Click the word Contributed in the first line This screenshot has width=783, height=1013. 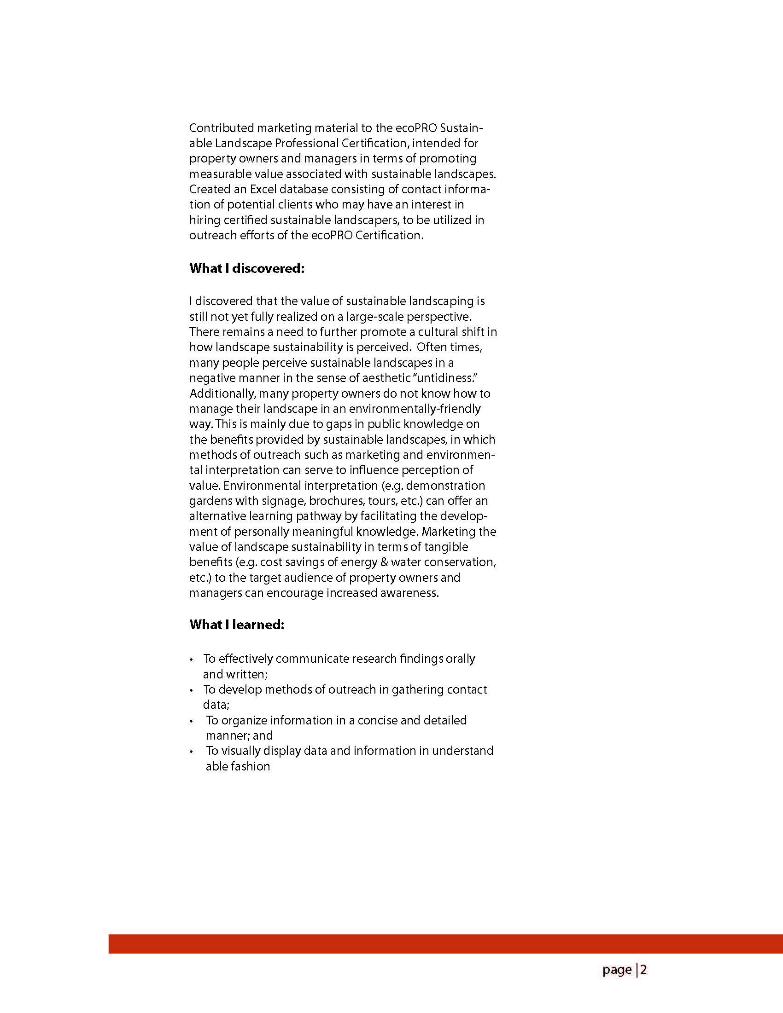[222, 128]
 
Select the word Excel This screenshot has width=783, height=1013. [263, 189]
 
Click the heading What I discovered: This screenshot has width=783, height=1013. [246, 269]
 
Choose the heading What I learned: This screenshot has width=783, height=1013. [236, 624]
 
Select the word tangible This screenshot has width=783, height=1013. [446, 547]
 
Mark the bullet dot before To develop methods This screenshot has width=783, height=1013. [191, 691]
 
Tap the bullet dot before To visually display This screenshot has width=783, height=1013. [191, 752]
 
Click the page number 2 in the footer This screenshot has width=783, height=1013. [643, 970]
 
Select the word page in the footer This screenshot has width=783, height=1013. [617, 970]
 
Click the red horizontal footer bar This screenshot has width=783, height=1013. [445, 944]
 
